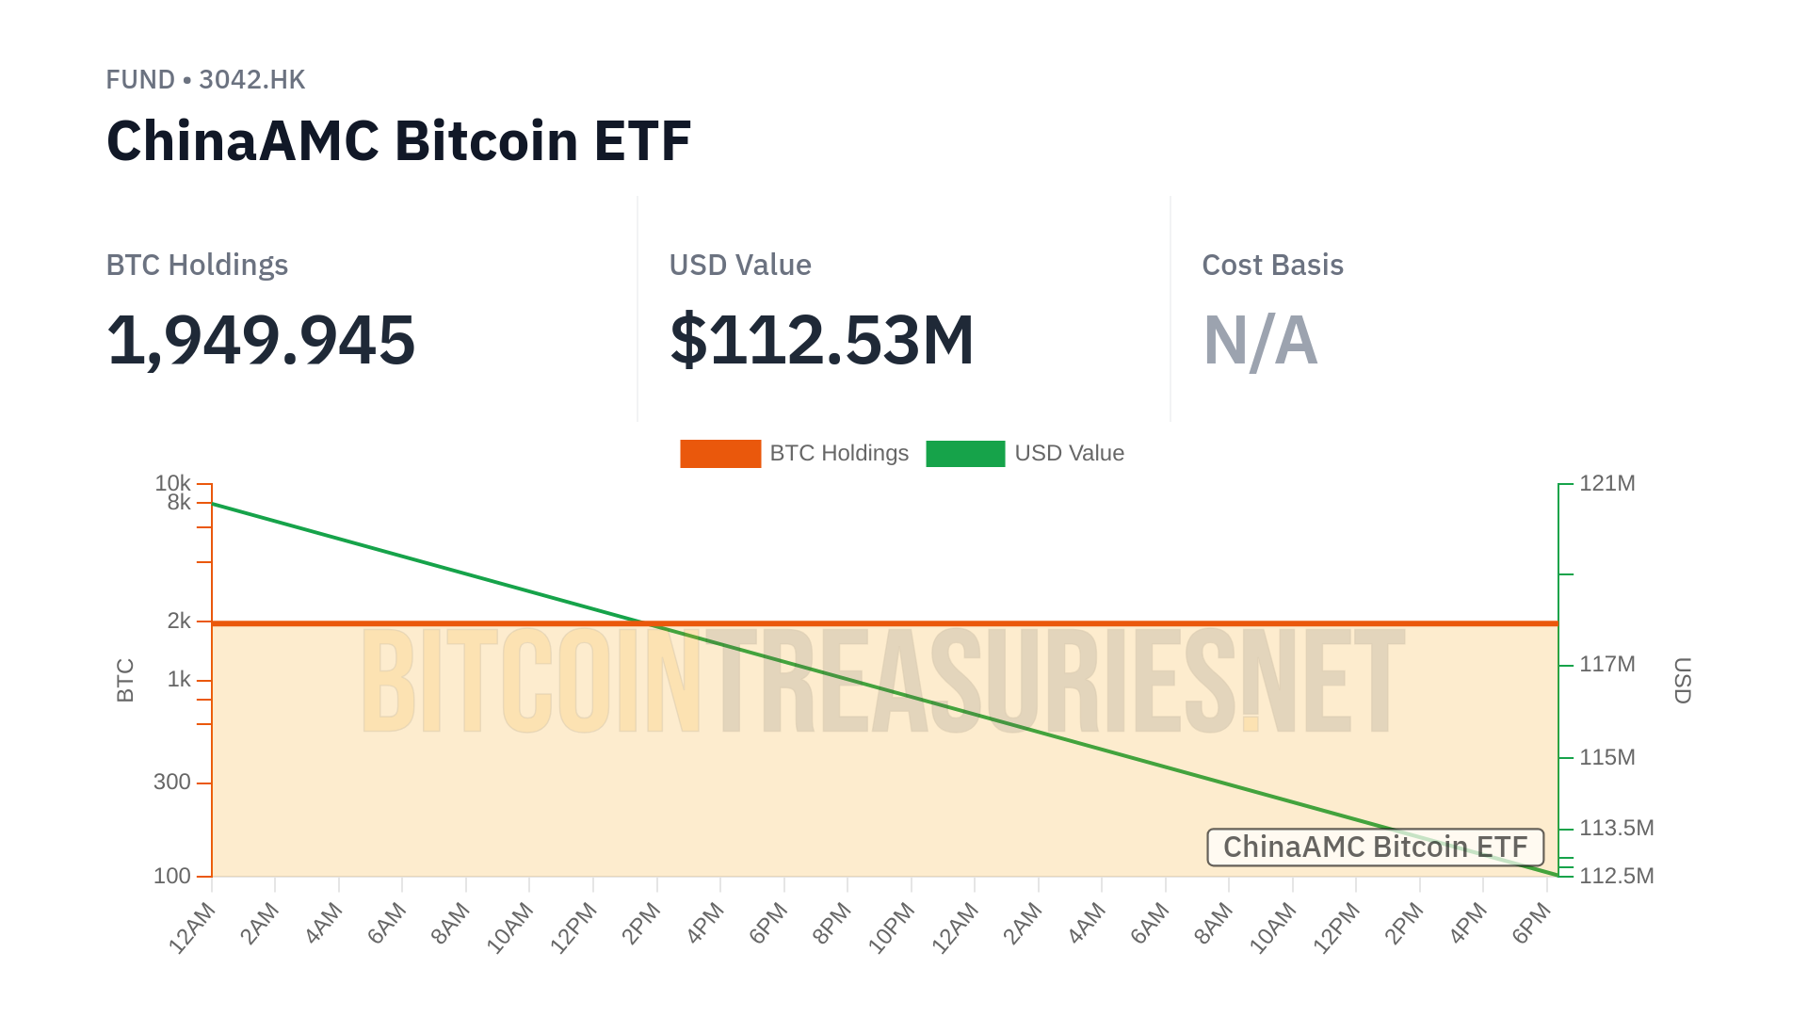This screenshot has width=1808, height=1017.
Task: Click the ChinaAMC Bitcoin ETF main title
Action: tap(398, 141)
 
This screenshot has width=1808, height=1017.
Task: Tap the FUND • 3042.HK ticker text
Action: tap(205, 80)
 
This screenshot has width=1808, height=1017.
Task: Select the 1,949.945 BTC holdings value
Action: tap(261, 340)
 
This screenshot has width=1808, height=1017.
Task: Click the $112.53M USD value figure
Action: tap(821, 340)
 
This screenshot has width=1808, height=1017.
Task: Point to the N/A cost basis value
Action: tap(1260, 340)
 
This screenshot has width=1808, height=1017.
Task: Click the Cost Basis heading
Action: tap(1272, 266)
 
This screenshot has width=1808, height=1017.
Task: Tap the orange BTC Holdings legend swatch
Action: tap(720, 454)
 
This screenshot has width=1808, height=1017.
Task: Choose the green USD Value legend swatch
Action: tap(965, 454)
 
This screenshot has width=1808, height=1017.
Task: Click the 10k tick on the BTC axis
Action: tap(173, 483)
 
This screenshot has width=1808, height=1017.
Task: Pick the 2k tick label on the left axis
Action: tap(179, 621)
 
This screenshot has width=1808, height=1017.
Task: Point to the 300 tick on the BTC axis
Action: tap(172, 783)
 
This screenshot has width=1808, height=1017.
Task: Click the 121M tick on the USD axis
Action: tap(1606, 484)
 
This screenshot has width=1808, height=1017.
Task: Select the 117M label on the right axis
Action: tap(1606, 665)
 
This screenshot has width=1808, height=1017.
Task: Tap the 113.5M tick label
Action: tap(1616, 829)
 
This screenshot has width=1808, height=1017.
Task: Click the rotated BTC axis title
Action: tap(125, 680)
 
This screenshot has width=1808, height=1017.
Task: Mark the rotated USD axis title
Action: tap(1682, 680)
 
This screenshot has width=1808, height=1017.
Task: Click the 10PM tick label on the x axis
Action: tap(891, 928)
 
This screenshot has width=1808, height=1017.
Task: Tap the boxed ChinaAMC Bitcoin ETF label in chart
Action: tap(1375, 847)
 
